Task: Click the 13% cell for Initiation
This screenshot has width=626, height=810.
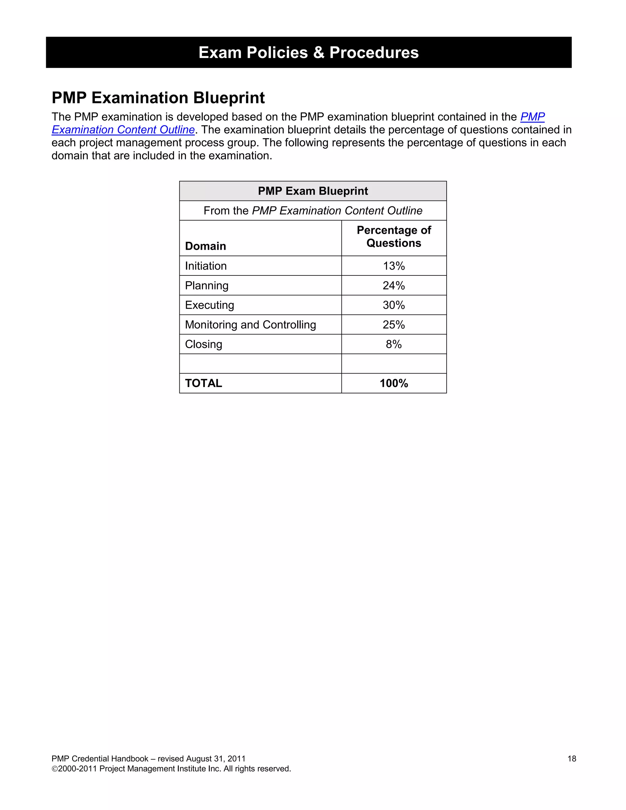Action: pyautogui.click(x=393, y=266)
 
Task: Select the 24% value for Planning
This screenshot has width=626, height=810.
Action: pyautogui.click(x=393, y=285)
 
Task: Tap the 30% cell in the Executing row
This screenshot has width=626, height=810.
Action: pyautogui.click(x=393, y=305)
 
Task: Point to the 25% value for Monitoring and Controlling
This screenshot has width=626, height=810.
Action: pyautogui.click(x=393, y=325)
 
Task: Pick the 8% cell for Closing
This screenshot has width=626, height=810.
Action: pyautogui.click(x=393, y=344)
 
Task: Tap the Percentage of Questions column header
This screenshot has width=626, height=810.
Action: pyautogui.click(x=393, y=237)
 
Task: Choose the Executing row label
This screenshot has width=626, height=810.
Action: pyautogui.click(x=209, y=305)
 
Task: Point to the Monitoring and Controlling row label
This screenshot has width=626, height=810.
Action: pyautogui.click(x=250, y=325)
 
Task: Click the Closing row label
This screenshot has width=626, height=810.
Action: pyautogui.click(x=203, y=344)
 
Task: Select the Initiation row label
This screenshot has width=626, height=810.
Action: pyautogui.click(x=205, y=266)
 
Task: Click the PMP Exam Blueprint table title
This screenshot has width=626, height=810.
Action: pyautogui.click(x=313, y=191)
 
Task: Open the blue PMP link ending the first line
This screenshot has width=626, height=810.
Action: pyautogui.click(x=532, y=117)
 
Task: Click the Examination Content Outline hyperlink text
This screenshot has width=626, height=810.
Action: pyautogui.click(x=123, y=130)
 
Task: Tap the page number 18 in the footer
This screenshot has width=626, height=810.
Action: pyautogui.click(x=572, y=759)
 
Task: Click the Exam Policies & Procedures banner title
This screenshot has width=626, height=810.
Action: pyautogui.click(x=308, y=52)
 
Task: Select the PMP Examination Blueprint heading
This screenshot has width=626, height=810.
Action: pyautogui.click(x=158, y=98)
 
